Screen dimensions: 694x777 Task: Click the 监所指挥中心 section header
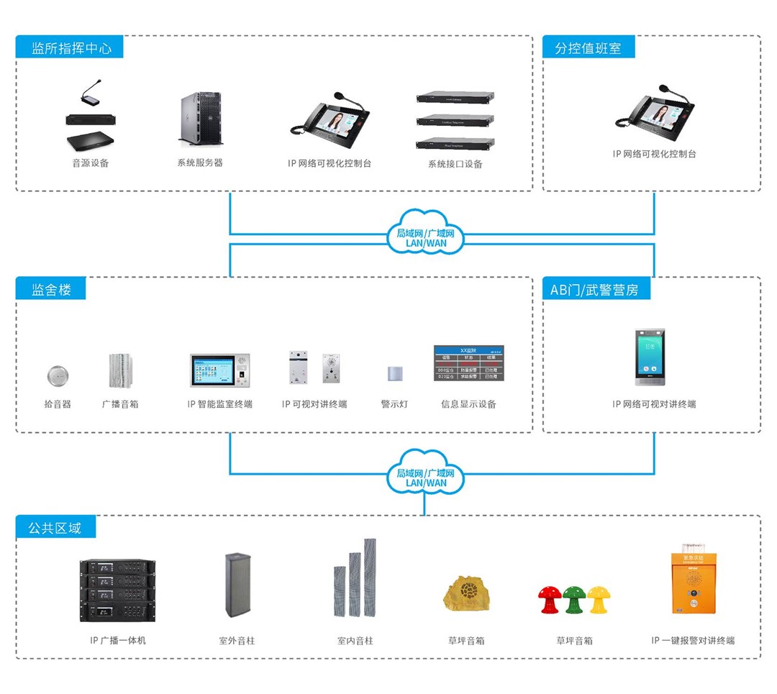[71, 48]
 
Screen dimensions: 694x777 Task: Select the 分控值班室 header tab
[588, 48]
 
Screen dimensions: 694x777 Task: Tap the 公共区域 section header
[55, 528]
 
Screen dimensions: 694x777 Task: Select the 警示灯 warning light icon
[394, 374]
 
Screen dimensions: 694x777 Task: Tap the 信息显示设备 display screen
[468, 364]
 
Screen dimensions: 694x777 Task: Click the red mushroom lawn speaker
[550, 599]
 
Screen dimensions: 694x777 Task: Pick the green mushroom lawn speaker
[574, 599]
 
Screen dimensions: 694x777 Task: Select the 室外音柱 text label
[237, 640]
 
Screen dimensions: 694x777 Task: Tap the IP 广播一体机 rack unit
[117, 590]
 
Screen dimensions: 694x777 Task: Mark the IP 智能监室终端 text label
[219, 404]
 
